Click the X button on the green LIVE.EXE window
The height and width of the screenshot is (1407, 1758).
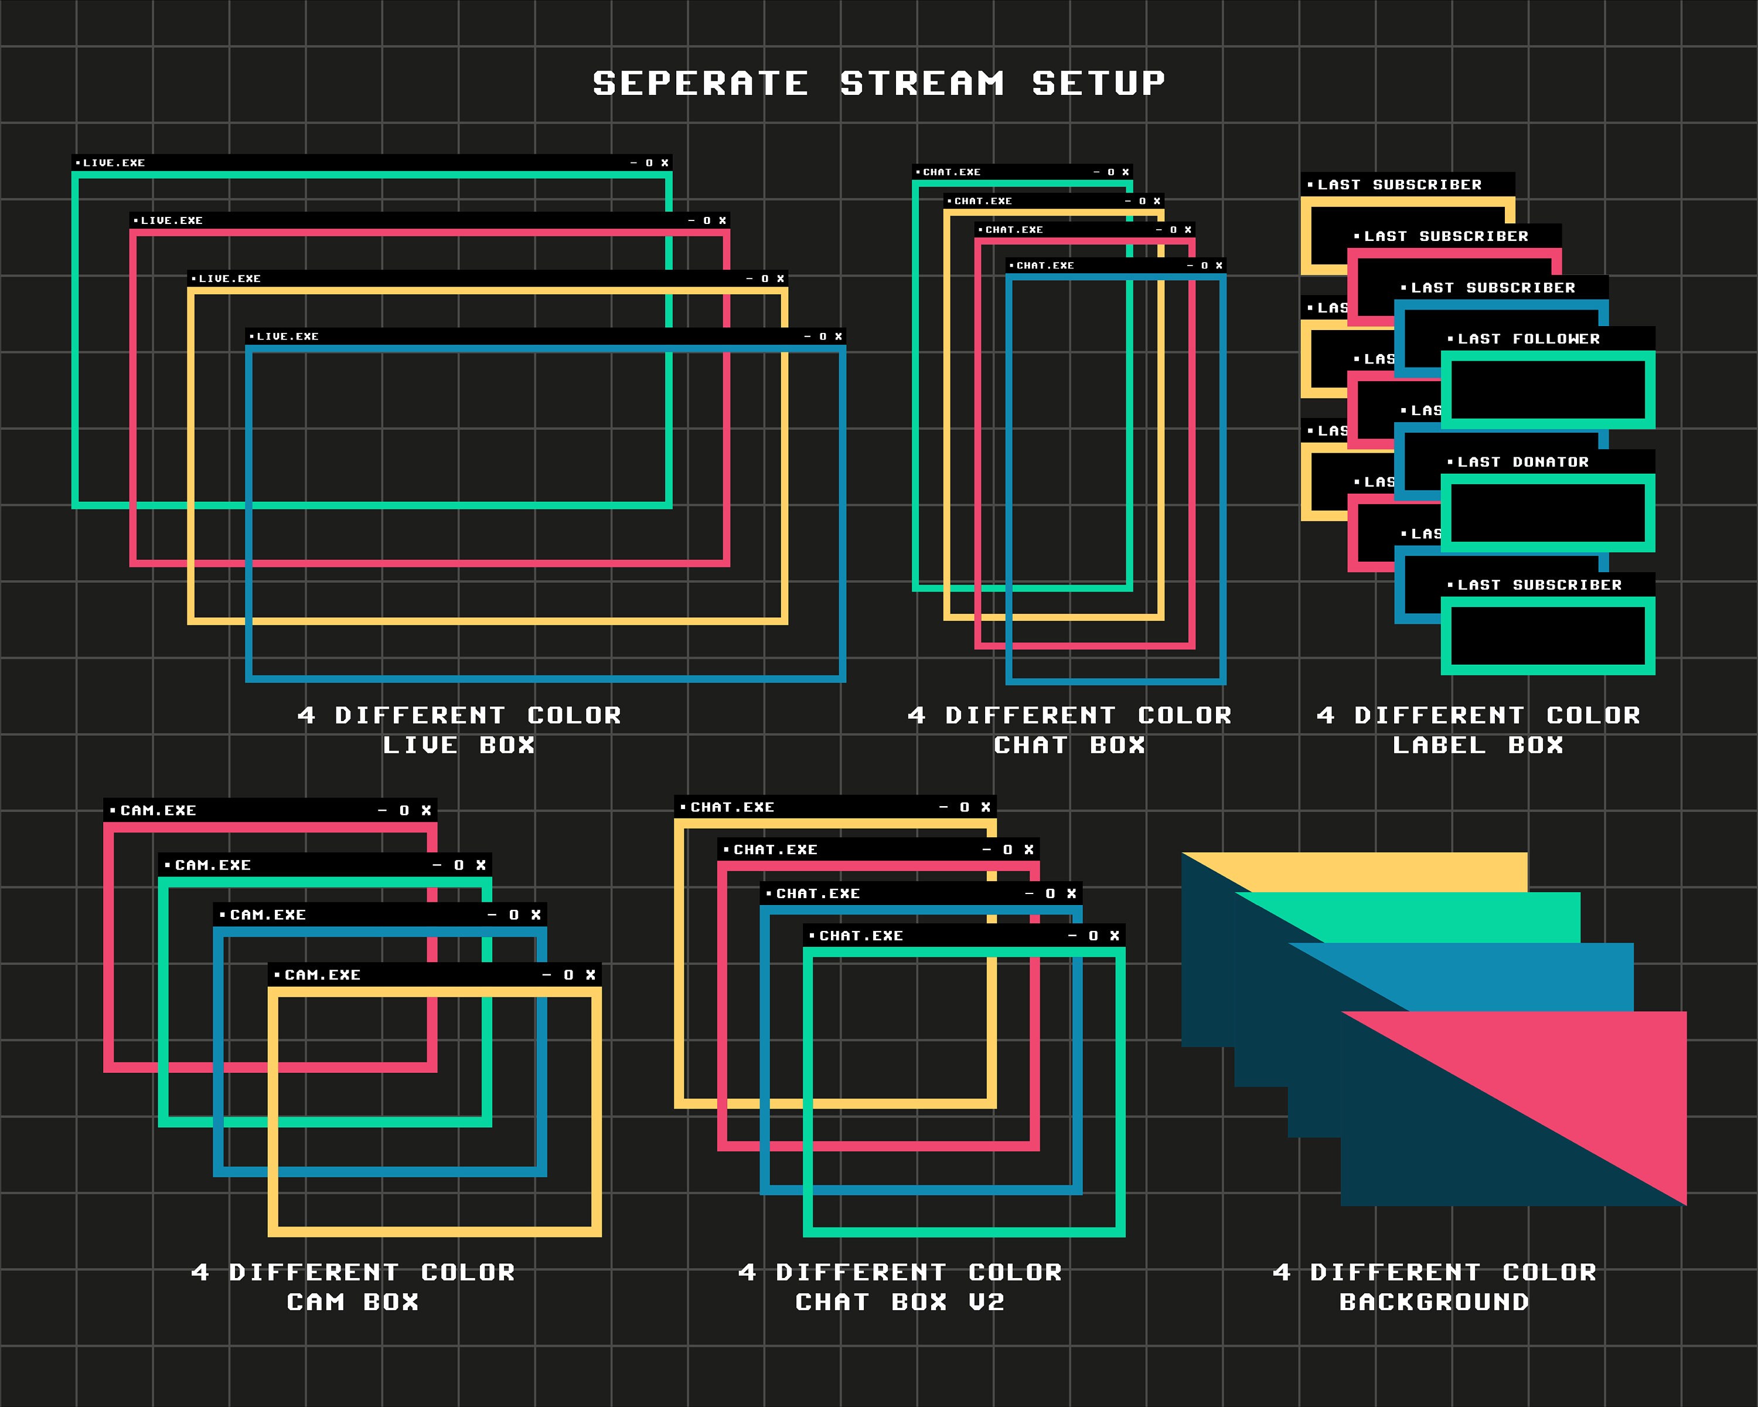coord(665,163)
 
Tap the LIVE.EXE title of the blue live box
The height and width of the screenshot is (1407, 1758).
coord(287,336)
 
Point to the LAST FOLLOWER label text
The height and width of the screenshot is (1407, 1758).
coord(1528,338)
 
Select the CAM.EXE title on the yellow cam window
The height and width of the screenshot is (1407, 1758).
coord(322,975)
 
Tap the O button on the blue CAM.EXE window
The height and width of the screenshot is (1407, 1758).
coord(514,915)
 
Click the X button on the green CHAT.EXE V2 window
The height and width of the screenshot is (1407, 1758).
coord(1115,936)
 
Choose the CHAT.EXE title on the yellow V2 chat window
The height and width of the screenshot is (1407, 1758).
coord(731,807)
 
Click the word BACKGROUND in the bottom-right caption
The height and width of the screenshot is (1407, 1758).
coord(1433,1303)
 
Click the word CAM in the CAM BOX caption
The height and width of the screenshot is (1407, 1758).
coord(315,1303)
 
